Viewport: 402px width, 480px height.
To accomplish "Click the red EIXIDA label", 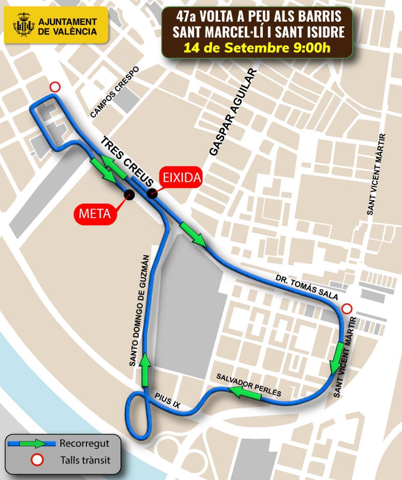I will pyautogui.click(x=182, y=177).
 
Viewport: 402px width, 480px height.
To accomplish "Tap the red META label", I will pyautogui.click(x=94, y=213).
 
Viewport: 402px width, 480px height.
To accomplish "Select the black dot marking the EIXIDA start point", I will pyautogui.click(x=152, y=194).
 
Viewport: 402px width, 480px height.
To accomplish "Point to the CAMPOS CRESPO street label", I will pyautogui.click(x=115, y=92).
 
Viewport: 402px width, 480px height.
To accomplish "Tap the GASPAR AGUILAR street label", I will pyautogui.click(x=233, y=112).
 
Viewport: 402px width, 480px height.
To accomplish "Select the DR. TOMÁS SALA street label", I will pyautogui.click(x=307, y=287).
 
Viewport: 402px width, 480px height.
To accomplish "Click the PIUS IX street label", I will pyautogui.click(x=167, y=401).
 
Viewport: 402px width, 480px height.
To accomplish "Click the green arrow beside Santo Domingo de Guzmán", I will pyautogui.click(x=145, y=370).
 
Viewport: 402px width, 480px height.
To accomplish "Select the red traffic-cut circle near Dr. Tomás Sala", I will pyautogui.click(x=347, y=308).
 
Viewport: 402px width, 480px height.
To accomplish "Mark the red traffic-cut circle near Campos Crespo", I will pyautogui.click(x=55, y=87).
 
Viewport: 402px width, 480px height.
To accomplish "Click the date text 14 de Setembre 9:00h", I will pyautogui.click(x=257, y=47).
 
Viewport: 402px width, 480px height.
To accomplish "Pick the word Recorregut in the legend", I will pyautogui.click(x=84, y=444).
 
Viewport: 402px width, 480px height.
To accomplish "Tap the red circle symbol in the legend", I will pyautogui.click(x=37, y=460).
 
